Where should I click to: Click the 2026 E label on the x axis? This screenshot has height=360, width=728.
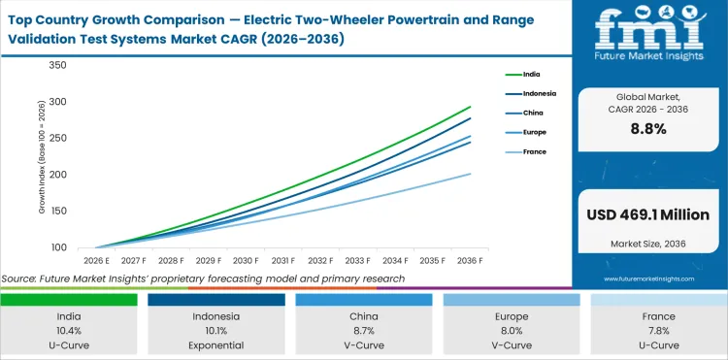(95, 260)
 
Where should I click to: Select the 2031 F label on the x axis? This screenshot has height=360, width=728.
(283, 260)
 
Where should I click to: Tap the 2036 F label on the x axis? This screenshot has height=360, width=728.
(471, 260)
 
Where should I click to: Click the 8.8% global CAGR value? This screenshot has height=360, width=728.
(647, 129)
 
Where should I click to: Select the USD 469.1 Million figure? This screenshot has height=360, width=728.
(647, 213)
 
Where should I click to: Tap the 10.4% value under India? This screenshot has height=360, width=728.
(69, 330)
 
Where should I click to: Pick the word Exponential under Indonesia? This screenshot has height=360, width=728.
(216, 344)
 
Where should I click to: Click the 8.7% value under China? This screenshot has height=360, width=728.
(364, 330)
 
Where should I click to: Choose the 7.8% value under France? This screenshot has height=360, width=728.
(658, 330)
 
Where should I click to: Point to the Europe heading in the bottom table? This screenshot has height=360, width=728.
(512, 315)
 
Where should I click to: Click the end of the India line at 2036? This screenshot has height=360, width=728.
(471, 107)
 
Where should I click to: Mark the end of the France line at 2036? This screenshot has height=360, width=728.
(471, 174)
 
